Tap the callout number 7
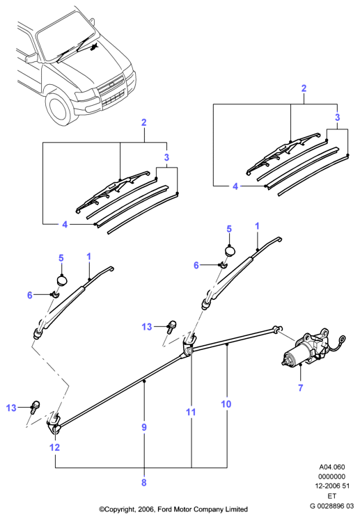tap(300, 388)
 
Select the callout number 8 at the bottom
tap(143, 482)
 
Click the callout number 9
tap(144, 427)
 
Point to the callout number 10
tap(226, 404)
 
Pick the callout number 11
tap(191, 412)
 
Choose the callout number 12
tap(54, 447)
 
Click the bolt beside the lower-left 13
tap(35, 407)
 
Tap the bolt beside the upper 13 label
tap(171, 326)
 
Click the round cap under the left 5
tap(61, 280)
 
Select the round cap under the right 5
tap(229, 251)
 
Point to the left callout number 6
tap(29, 294)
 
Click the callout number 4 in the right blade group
tap(235, 186)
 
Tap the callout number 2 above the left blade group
tap(143, 122)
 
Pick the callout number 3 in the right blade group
tap(337, 117)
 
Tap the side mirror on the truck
tap(31, 58)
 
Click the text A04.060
tap(332, 467)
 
